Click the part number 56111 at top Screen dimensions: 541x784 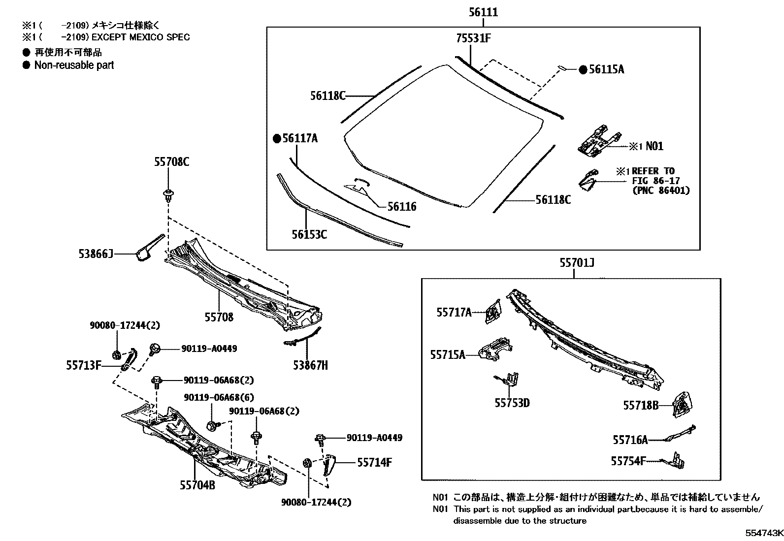point(483,12)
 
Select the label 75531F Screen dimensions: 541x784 point(472,38)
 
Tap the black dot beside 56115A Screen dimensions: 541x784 point(583,69)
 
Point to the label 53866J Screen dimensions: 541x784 point(96,254)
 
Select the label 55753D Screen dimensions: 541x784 point(512,403)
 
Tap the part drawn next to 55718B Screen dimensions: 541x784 point(682,404)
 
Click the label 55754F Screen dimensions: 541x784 point(627,461)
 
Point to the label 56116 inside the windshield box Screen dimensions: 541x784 point(401,207)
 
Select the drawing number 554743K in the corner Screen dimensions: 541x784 point(763,534)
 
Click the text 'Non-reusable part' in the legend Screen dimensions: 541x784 point(74,65)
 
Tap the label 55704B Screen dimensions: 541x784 point(197,485)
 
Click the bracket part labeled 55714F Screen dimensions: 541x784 point(328,465)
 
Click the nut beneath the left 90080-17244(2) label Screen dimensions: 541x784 point(117,354)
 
